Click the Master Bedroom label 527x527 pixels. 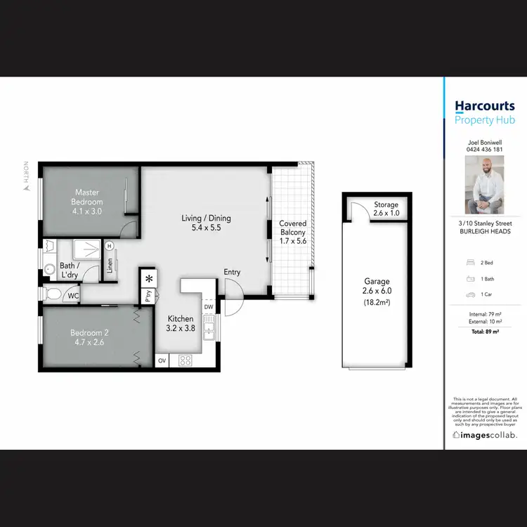(x=88, y=197)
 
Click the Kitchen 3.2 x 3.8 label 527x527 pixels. (x=180, y=323)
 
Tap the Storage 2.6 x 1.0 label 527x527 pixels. (x=386, y=209)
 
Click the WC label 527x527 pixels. (x=73, y=296)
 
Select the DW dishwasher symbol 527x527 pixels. (x=209, y=307)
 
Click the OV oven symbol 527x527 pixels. (x=162, y=360)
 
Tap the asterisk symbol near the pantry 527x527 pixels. (x=148, y=278)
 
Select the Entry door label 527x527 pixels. (x=232, y=272)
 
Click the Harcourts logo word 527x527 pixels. (x=485, y=106)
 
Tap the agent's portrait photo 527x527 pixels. (x=484, y=185)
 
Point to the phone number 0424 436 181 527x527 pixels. (x=485, y=149)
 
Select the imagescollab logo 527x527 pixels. (x=485, y=435)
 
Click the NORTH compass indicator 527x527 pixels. (x=26, y=176)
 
